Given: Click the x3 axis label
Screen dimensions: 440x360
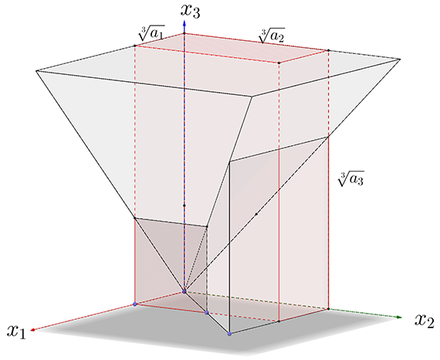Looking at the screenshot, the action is click(x=191, y=12).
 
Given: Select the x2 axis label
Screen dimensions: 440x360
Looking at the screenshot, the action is click(x=425, y=320).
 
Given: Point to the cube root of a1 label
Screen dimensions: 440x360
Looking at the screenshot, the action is click(x=151, y=33).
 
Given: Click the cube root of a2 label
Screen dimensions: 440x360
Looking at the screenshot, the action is click(x=272, y=36).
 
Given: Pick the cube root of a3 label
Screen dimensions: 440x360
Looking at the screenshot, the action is click(x=350, y=178).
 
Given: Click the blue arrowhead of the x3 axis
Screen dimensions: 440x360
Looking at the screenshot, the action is click(x=184, y=23).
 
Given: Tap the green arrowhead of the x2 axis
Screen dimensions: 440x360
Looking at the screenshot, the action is click(x=399, y=317).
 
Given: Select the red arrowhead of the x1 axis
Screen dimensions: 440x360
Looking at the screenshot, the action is click(x=32, y=330).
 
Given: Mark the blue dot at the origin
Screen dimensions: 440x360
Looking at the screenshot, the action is click(x=184, y=292).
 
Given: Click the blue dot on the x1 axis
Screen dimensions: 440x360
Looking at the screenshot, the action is click(x=135, y=304).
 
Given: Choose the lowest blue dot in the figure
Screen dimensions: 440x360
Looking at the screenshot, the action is click(x=229, y=334).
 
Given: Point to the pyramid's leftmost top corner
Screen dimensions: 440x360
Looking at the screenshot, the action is click(x=36, y=71).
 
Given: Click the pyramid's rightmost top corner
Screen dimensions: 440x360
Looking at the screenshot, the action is click(x=400, y=59).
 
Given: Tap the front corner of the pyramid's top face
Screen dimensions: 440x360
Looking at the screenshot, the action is click(x=252, y=97).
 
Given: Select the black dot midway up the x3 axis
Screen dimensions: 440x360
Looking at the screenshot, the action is click(x=184, y=205).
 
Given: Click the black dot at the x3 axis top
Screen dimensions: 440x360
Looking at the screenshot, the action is click(x=184, y=34).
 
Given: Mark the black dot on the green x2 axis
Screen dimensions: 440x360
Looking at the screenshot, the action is click(x=328, y=309).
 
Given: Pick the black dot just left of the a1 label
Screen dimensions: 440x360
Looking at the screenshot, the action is click(x=134, y=46).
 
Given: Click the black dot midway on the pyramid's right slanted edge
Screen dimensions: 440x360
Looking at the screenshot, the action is click(x=256, y=214).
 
